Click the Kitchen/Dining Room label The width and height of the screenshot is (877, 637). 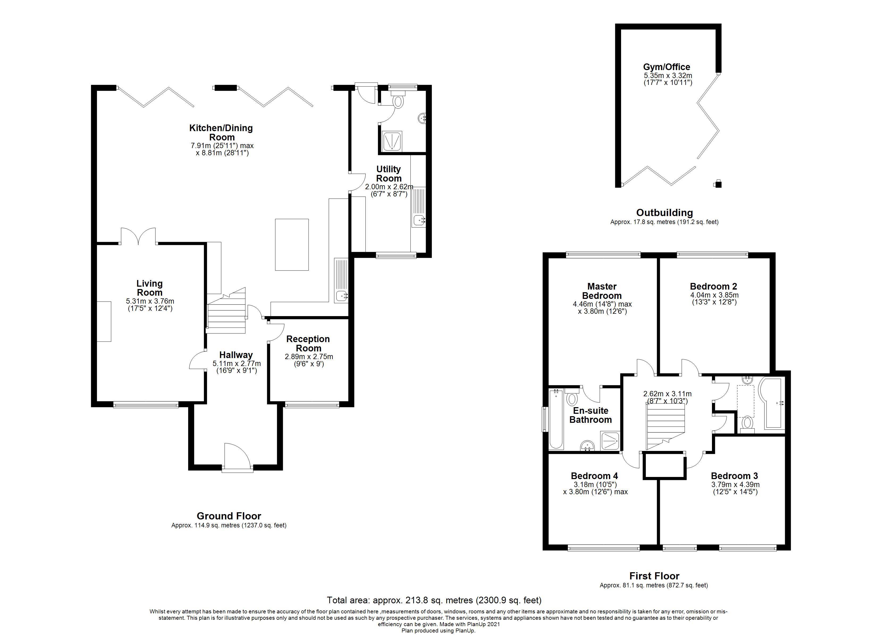(x=221, y=132)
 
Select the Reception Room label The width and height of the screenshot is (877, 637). (x=308, y=343)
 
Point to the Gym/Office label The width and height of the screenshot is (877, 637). (x=667, y=67)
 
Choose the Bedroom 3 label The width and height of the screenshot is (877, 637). (x=734, y=476)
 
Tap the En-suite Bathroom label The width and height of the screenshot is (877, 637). (x=591, y=415)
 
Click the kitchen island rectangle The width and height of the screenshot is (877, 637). (x=292, y=244)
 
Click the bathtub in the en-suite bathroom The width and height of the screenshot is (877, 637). (x=556, y=419)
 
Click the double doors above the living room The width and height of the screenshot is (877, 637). (x=138, y=236)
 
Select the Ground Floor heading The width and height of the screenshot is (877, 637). (x=229, y=516)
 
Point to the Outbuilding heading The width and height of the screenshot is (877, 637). (x=664, y=212)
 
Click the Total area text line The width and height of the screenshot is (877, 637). (x=434, y=600)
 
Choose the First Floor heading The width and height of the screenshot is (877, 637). (x=654, y=576)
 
